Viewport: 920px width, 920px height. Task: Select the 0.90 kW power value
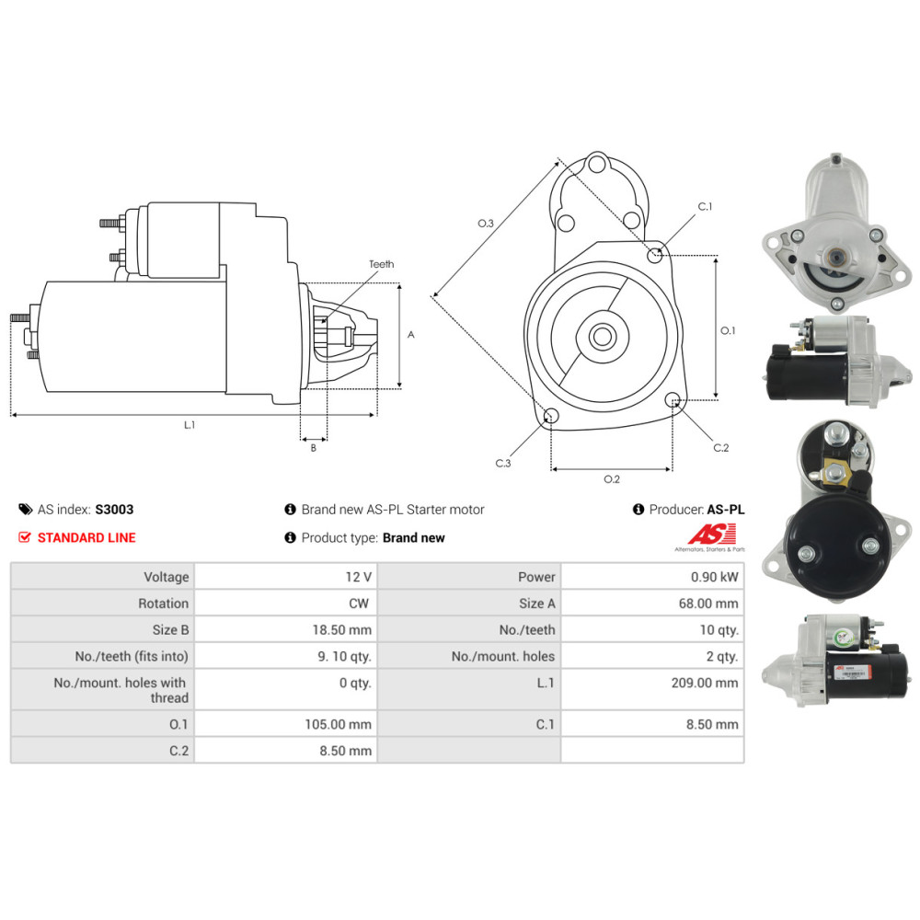(x=718, y=577)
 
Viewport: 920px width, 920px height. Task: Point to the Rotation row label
(x=163, y=604)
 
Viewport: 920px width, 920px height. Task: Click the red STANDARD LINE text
(x=86, y=537)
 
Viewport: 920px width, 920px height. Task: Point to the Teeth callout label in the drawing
(x=381, y=264)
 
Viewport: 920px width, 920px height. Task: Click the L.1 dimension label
(x=190, y=425)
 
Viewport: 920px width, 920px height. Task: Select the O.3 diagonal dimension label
(x=486, y=224)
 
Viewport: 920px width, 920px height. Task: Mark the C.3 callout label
(x=502, y=463)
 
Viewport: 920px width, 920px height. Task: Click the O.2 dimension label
(x=612, y=478)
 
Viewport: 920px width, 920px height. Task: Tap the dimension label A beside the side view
(x=411, y=335)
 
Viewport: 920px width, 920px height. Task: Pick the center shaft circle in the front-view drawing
(x=603, y=336)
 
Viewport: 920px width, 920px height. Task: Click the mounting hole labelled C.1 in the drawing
(x=655, y=255)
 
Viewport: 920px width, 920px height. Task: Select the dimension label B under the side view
(x=313, y=448)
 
